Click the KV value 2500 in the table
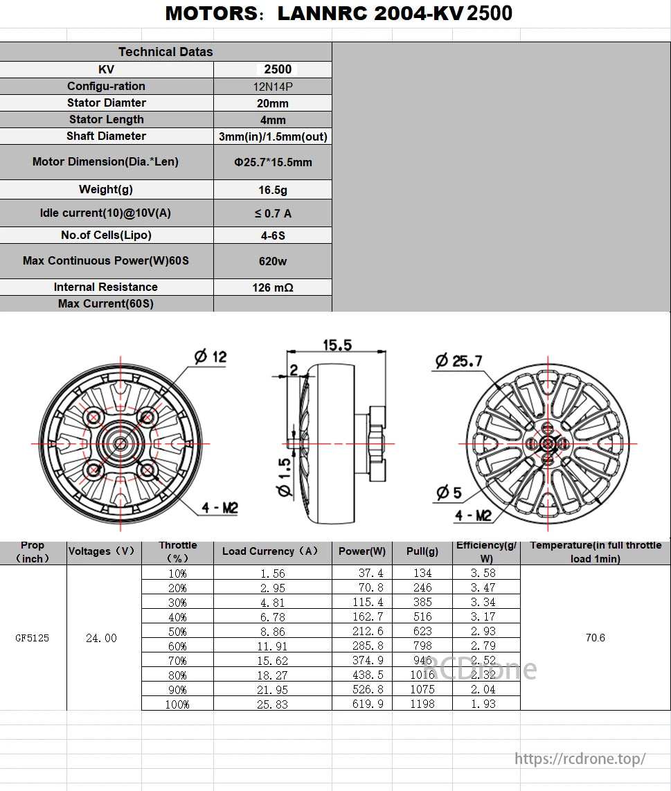pos(278,69)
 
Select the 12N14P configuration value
pos(272,87)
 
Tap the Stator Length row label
pos(107,120)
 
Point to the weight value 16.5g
pos(272,190)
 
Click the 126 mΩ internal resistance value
pos(272,287)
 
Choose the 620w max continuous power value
pos(272,261)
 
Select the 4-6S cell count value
pos(272,235)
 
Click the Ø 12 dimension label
pos(210,357)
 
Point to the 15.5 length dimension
pos(337,345)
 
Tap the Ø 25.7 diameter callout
pos(458,360)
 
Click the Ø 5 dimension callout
pos(449,492)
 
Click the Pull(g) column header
pos(422,551)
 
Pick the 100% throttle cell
pos(177,704)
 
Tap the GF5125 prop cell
pos(33,638)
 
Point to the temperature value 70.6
pos(595,638)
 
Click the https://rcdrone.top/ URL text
pos(580,758)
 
